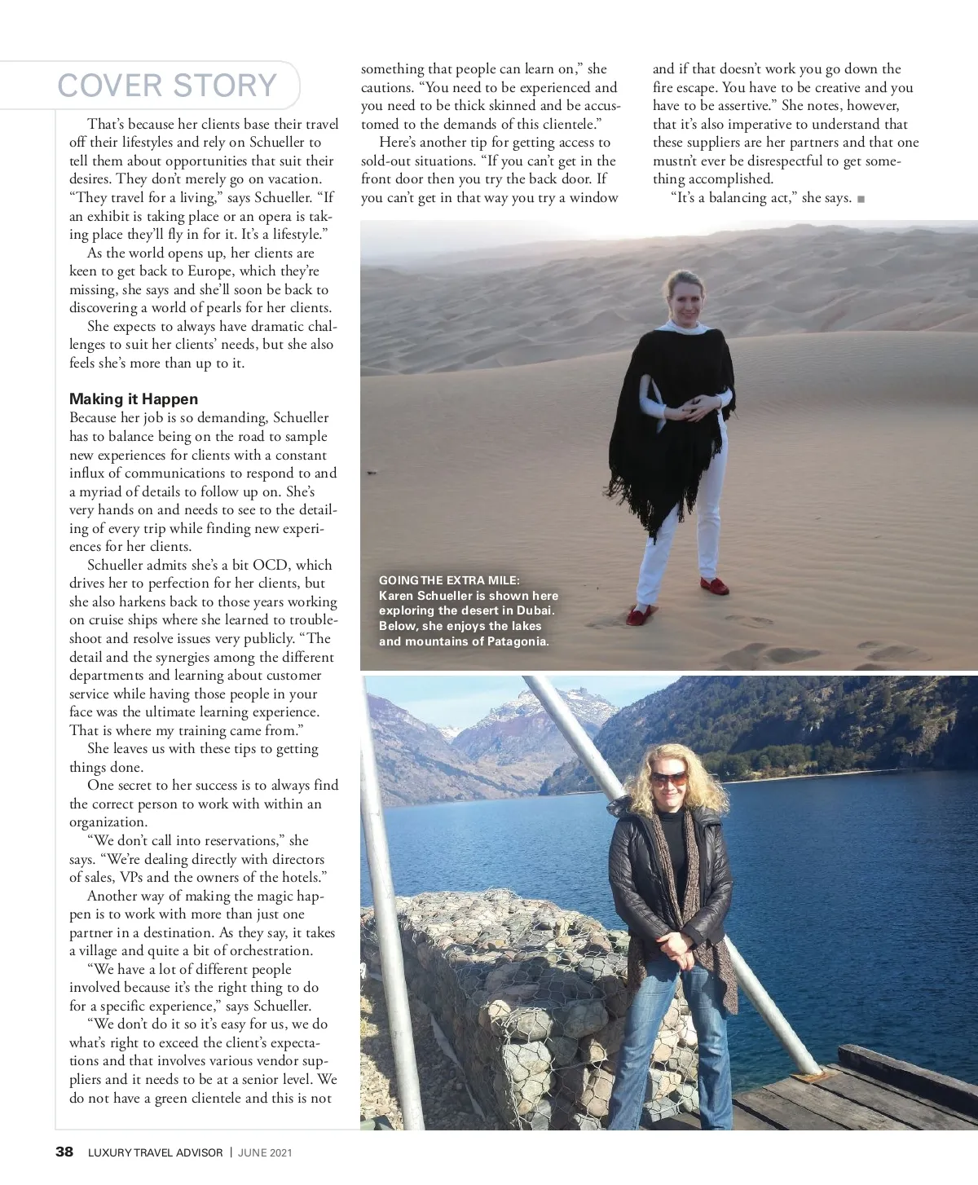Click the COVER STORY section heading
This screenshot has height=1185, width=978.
[167, 86]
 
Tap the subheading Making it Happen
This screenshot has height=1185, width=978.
[134, 399]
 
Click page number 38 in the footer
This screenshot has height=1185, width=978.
[64, 1152]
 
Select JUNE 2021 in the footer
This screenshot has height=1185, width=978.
[265, 1152]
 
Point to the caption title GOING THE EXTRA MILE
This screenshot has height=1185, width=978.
[448, 580]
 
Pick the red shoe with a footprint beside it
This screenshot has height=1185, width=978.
[639, 614]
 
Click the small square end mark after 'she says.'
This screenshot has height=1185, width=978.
[861, 199]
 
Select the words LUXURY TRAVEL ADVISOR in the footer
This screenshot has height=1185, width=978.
[155, 1152]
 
